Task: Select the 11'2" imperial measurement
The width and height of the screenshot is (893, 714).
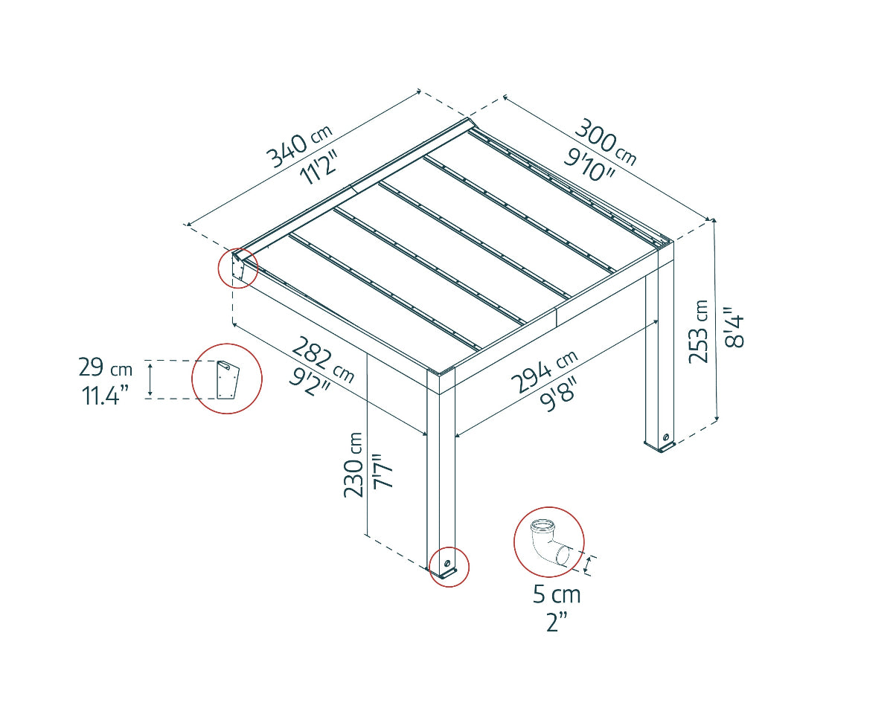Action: [x=319, y=169]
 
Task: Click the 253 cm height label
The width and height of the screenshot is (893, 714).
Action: [x=699, y=331]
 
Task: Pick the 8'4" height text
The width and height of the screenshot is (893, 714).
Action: [x=733, y=327]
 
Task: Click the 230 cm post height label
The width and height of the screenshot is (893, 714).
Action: [x=353, y=464]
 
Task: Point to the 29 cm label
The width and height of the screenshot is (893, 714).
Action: [x=105, y=368]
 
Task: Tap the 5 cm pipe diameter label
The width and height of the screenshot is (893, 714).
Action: [x=557, y=595]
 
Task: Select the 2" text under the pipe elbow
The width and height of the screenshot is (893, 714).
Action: [x=557, y=622]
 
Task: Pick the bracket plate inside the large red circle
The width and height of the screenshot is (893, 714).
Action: [x=227, y=379]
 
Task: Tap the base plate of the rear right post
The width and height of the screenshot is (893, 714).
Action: [x=661, y=446]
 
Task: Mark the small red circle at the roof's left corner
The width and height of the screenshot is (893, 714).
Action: [x=237, y=267]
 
